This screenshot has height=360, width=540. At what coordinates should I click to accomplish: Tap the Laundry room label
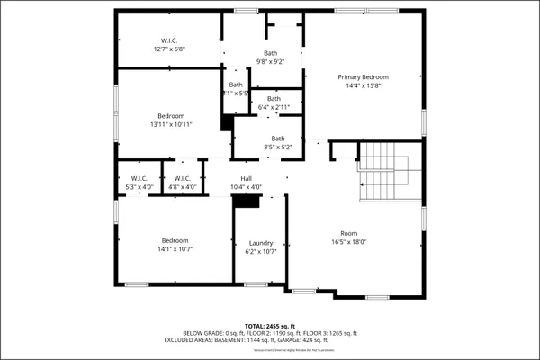pos(261,243)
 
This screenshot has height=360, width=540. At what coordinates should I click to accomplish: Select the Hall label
pos(246,178)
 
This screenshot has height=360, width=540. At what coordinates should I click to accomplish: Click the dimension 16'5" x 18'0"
pos(348,241)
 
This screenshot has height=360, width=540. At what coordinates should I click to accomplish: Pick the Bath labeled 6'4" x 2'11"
pos(274,99)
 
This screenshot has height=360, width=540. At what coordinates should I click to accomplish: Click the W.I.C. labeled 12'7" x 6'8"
pos(168,40)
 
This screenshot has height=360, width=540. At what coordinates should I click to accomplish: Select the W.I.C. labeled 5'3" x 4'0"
pos(139,178)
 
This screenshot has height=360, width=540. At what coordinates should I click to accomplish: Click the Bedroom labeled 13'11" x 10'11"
pos(171,116)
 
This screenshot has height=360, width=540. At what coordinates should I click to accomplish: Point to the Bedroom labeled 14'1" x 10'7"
pos(175,240)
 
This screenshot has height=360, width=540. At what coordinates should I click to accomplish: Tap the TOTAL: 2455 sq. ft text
pos(270,325)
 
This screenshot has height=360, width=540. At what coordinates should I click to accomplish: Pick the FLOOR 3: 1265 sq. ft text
pos(331,333)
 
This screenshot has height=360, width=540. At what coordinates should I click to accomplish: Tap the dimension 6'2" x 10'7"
pos(261,251)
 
